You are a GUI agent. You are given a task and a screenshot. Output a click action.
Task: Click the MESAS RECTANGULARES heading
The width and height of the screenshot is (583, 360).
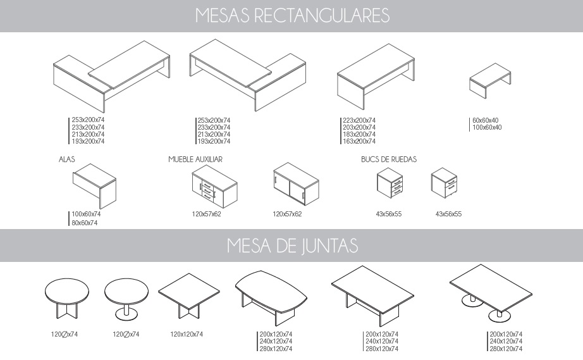click(x=292, y=16)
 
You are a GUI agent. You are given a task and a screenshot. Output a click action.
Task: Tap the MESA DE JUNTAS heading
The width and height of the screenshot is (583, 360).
click(x=292, y=246)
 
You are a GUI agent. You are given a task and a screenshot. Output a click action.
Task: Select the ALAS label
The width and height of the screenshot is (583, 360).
click(x=67, y=159)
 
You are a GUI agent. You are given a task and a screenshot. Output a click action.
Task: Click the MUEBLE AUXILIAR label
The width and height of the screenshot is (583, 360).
click(x=195, y=159)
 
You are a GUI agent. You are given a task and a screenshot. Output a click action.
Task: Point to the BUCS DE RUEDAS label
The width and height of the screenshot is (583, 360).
click(x=388, y=159)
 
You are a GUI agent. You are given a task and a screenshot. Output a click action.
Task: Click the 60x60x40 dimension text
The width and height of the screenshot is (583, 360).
click(x=485, y=120)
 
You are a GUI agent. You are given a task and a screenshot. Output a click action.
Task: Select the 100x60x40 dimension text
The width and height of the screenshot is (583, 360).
click(x=487, y=127)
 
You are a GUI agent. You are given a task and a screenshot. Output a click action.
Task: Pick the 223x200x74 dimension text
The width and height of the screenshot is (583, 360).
click(x=359, y=120)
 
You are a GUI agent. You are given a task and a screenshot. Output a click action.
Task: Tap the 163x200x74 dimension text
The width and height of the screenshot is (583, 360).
click(x=359, y=141)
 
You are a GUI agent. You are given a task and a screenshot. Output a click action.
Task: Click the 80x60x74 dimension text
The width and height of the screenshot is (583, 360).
click(x=85, y=223)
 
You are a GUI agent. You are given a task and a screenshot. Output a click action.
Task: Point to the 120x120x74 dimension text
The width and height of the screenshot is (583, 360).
click(x=187, y=334)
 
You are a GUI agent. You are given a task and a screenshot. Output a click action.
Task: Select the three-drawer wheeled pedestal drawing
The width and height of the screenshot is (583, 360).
click(x=390, y=183)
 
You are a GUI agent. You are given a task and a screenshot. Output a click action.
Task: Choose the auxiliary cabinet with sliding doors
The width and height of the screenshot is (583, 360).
click(x=296, y=183)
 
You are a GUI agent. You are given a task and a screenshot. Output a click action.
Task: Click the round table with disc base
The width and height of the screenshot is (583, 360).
click(x=126, y=299)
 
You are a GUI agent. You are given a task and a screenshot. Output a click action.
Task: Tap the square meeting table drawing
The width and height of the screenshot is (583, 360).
click(x=189, y=296)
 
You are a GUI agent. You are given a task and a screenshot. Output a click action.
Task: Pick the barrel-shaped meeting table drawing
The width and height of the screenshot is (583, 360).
click(x=271, y=297)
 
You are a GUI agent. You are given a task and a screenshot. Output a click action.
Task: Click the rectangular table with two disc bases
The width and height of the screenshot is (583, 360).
click(x=491, y=293)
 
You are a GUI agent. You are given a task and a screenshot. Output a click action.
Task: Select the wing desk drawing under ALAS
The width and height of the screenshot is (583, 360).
click(x=94, y=186)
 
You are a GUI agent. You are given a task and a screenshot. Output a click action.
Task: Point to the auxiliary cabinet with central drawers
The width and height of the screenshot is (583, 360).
click(x=214, y=187)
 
